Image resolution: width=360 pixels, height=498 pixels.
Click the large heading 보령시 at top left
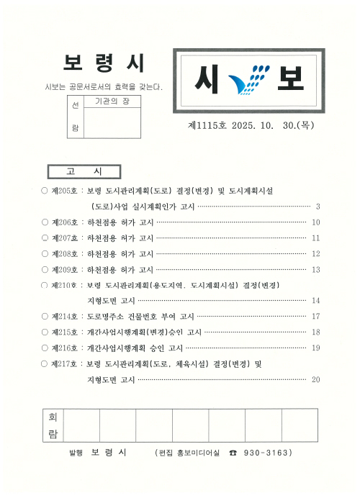point(104,64)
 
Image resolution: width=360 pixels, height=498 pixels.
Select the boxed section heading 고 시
point(84,171)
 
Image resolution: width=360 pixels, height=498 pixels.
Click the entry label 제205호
point(66,191)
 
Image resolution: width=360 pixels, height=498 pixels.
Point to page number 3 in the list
point(317,207)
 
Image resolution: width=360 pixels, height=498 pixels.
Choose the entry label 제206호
point(66,222)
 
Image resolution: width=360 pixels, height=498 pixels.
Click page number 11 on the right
point(315,238)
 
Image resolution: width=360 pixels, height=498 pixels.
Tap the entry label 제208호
point(66,253)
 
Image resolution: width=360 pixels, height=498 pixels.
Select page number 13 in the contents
point(315,269)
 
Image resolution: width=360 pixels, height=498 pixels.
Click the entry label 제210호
point(66,285)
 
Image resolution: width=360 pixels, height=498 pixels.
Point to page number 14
point(315,301)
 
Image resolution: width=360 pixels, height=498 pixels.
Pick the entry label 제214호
point(66,317)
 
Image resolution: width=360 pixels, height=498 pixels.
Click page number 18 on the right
point(315,332)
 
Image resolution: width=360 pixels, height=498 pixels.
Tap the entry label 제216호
point(66,348)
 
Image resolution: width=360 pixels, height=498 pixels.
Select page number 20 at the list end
point(315,379)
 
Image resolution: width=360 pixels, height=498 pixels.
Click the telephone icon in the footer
point(232,453)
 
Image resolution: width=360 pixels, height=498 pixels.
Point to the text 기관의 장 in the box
point(112,103)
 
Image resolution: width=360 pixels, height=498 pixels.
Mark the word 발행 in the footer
point(76,453)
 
